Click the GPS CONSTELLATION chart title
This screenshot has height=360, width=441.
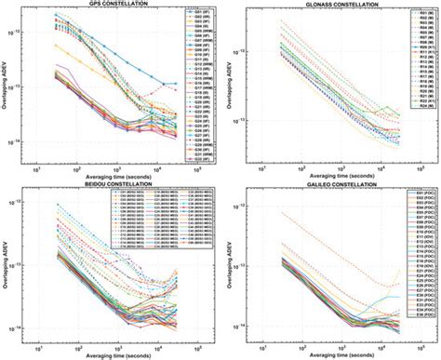[111, 5]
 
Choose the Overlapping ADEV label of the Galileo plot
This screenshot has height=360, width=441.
[228, 270]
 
